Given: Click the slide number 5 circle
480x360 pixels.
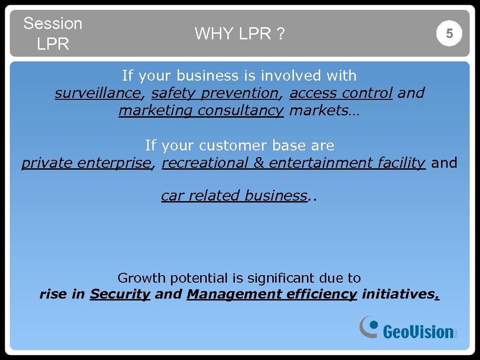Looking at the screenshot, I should [449, 34].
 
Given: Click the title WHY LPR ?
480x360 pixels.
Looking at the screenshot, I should [240, 34].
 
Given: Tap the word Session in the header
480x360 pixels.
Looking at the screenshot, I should [52, 23].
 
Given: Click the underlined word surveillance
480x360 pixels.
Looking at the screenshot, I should [97, 93].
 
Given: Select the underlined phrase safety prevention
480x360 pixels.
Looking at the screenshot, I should [215, 93].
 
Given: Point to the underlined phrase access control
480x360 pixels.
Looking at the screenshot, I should [341, 93].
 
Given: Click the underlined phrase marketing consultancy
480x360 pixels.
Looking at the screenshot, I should [201, 111].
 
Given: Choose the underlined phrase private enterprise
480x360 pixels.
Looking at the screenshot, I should [87, 163].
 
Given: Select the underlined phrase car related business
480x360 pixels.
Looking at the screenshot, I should [234, 195].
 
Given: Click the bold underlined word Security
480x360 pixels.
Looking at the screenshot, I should [120, 294].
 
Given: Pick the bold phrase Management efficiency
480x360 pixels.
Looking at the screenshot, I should [271, 294].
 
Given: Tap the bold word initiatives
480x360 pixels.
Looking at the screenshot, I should [399, 294].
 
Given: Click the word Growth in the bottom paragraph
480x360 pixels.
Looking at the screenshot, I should [141, 278].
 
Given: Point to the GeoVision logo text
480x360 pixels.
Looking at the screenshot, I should [418, 331].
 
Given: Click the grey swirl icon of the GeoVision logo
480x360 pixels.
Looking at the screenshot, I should [369, 326].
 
